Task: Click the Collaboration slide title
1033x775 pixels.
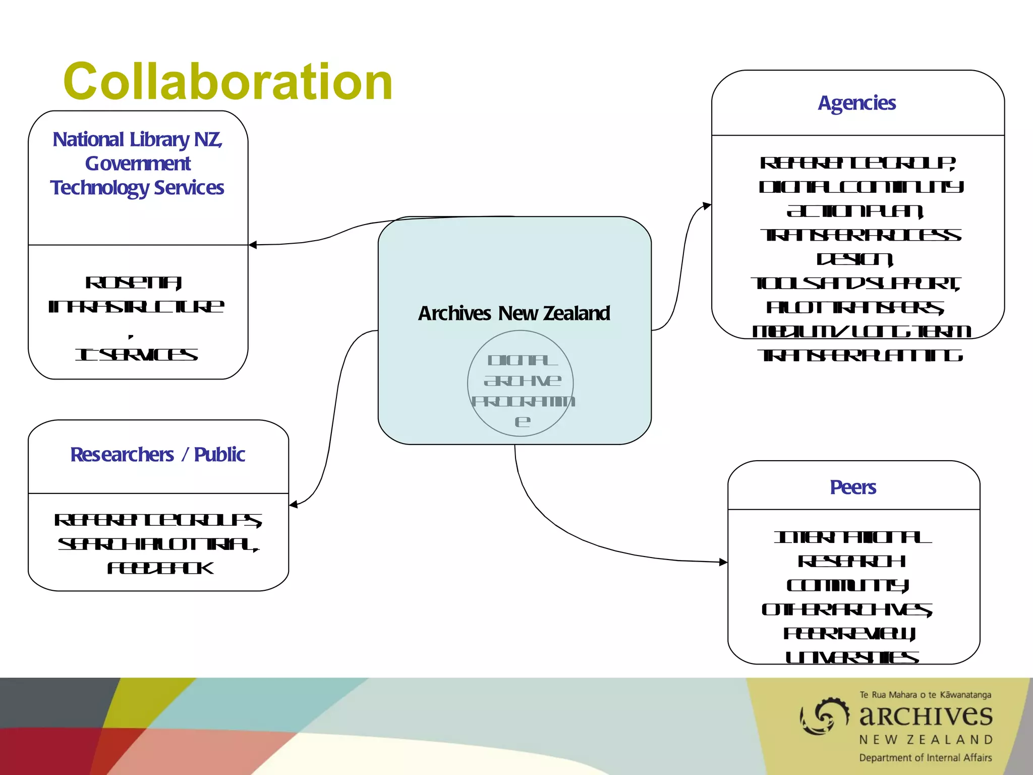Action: point(228,82)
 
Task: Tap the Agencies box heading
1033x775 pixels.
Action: point(856,103)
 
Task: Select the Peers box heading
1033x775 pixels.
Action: point(853,487)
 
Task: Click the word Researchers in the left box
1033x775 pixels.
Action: point(122,455)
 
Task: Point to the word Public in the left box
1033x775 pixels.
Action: point(219,455)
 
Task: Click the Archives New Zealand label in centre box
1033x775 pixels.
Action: point(514,313)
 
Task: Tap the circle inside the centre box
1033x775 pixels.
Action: point(521,383)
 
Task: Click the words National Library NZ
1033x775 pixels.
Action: point(137,139)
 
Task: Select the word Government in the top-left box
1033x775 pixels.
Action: point(138,163)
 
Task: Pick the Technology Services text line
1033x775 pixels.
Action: point(137,188)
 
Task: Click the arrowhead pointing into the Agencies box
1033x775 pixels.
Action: point(707,205)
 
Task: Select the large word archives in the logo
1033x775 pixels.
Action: point(926,715)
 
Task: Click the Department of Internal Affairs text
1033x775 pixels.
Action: point(926,758)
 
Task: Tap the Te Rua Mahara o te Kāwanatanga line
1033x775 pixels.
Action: point(926,695)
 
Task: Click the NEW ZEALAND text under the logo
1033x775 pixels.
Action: point(926,740)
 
